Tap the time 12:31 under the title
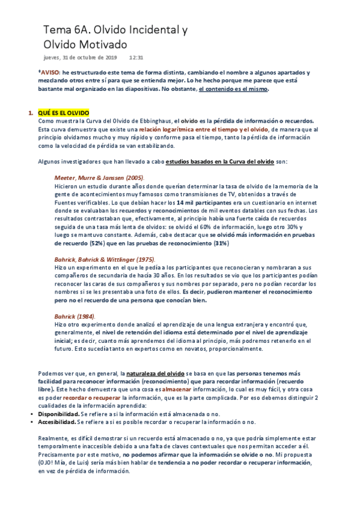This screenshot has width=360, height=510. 136,58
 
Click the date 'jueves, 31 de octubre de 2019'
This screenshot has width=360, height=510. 81,58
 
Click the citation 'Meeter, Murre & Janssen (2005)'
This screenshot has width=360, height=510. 99,178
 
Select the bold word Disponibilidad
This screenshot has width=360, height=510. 58,414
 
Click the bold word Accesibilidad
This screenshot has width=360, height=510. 58,422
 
